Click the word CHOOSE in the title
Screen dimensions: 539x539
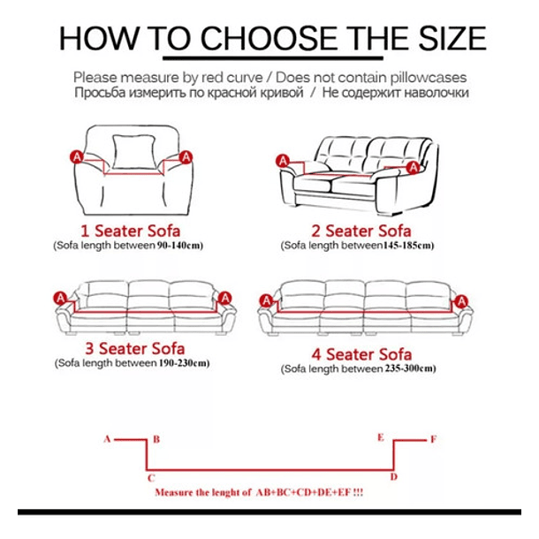click(269, 38)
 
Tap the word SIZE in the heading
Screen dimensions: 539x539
click(452, 38)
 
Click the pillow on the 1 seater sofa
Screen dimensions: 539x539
click(133, 152)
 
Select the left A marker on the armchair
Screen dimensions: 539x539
click(77, 157)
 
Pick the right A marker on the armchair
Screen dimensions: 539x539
click(186, 157)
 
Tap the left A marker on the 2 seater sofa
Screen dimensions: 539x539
click(283, 161)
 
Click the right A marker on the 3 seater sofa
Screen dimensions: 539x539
click(225, 298)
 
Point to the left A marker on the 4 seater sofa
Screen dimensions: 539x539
click(266, 301)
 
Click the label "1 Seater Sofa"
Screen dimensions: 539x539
click(130, 231)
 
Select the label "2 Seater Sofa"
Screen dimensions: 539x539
click(361, 231)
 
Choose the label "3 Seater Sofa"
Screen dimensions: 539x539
click(134, 348)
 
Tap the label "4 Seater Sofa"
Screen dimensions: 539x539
click(361, 354)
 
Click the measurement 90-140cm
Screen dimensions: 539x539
click(178, 246)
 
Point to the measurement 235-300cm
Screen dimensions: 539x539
click(408, 368)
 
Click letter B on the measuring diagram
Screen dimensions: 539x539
click(156, 439)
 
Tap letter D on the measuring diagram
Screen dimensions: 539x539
click(394, 477)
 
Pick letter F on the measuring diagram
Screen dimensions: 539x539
click(434, 439)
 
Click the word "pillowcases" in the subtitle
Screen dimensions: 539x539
click(429, 78)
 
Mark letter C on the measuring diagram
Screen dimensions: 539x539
click(151, 478)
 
